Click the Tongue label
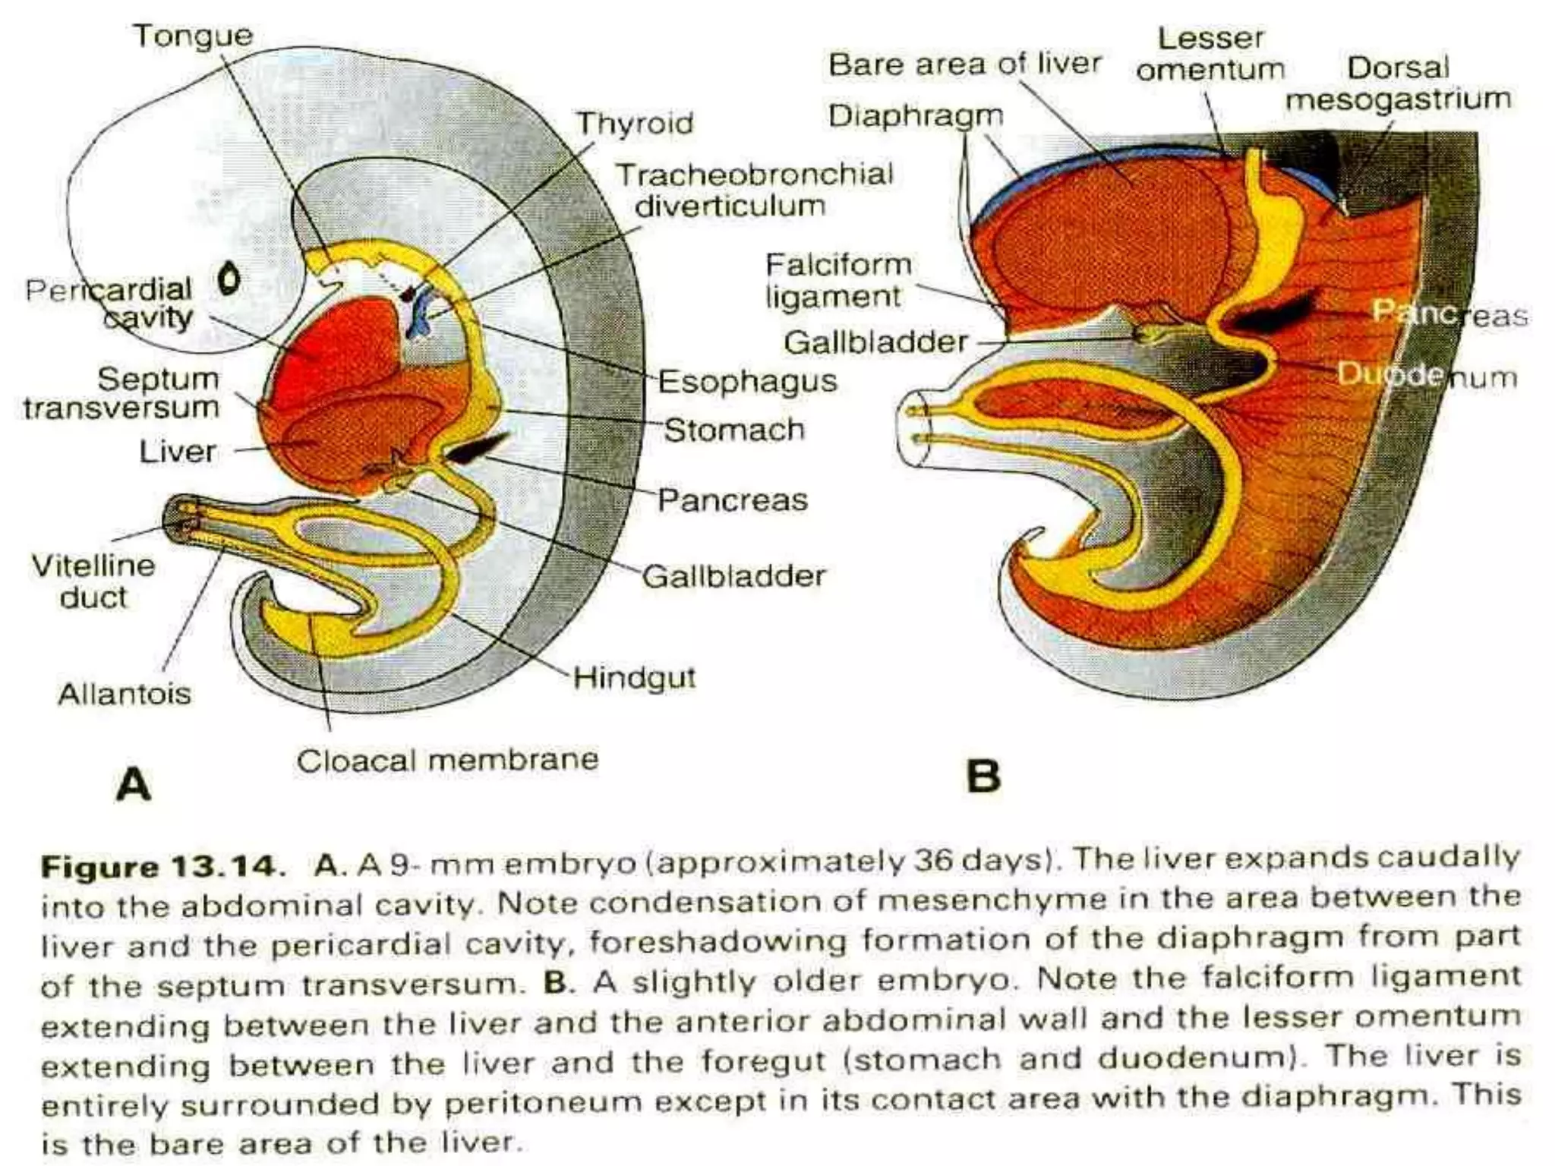tap(193, 36)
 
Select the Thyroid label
tap(635, 123)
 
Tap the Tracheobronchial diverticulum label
tap(753, 190)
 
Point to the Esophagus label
tap(747, 381)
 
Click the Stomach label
tap(734, 430)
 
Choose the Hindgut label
tap(634, 677)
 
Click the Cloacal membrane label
tap(447, 760)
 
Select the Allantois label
tap(125, 694)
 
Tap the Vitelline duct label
tap(93, 581)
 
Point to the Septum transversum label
tap(121, 392)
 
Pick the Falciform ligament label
tap(838, 280)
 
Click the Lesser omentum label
tap(1210, 53)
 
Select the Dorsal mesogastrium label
tap(1398, 83)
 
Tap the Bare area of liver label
tap(964, 65)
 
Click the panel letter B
tap(983, 777)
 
